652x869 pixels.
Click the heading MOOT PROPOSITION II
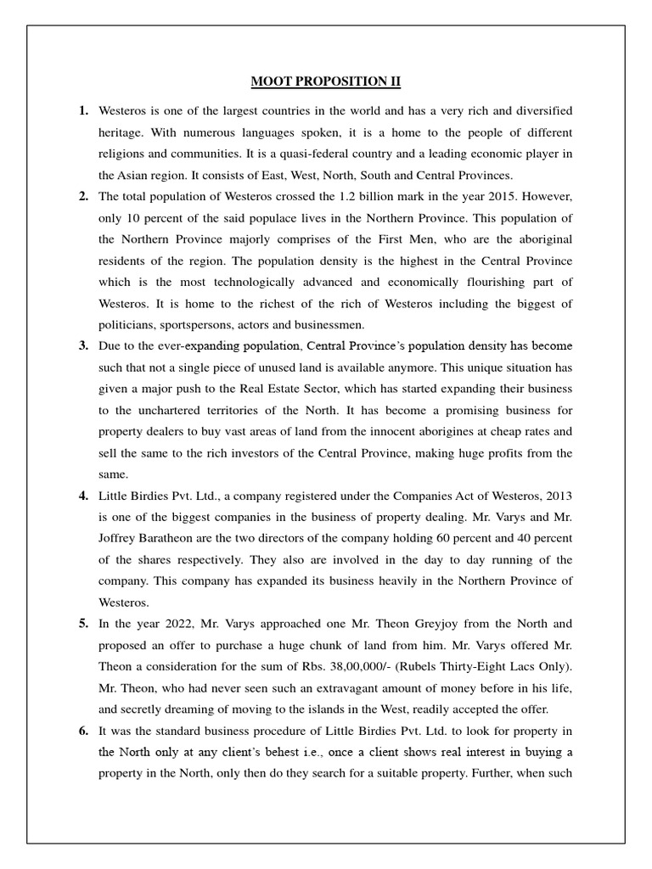325,81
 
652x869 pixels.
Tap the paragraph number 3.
84,345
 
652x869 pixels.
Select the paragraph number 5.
84,623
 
